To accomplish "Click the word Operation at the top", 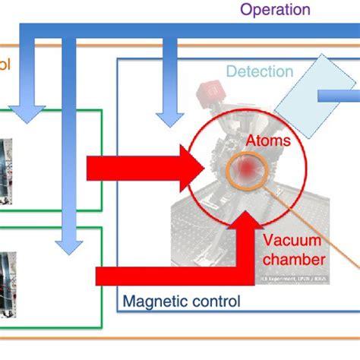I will tap(275, 10).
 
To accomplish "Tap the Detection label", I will tap(260, 72).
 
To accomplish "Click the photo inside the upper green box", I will tap(4, 166).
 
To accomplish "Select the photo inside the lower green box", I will tap(4, 280).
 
